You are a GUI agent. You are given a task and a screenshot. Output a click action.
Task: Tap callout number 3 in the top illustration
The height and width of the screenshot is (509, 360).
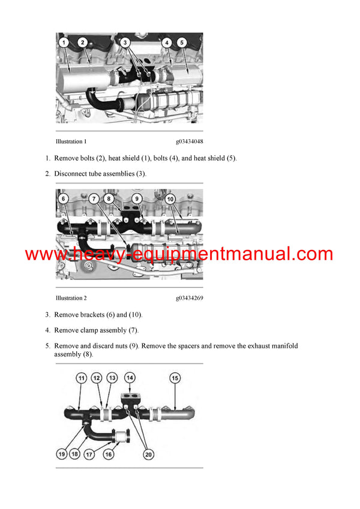125,43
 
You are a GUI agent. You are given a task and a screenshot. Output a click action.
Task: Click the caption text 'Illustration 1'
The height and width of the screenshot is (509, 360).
71,142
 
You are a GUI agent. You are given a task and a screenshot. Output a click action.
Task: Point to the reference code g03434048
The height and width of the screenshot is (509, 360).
189,142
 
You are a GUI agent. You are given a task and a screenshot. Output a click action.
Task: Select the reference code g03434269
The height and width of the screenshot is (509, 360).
189,298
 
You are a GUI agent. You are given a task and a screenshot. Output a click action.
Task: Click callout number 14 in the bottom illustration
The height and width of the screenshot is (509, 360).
130,378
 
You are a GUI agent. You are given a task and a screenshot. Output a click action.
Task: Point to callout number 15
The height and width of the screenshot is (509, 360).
175,378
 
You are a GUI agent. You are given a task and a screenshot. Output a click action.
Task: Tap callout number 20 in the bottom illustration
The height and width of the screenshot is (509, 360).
149,454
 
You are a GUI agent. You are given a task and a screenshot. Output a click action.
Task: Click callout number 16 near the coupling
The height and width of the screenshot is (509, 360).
109,454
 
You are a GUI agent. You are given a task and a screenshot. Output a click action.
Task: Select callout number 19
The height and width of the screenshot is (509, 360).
62,454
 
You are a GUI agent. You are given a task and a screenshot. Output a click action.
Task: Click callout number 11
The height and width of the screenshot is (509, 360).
81,378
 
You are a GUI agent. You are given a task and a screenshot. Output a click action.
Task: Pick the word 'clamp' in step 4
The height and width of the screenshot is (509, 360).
91,330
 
